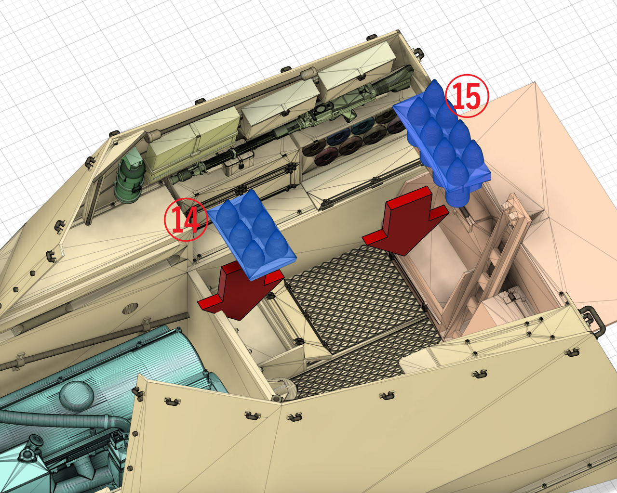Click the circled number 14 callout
coord(186,220)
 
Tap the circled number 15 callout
coord(467,96)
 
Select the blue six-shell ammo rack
coord(252,235)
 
